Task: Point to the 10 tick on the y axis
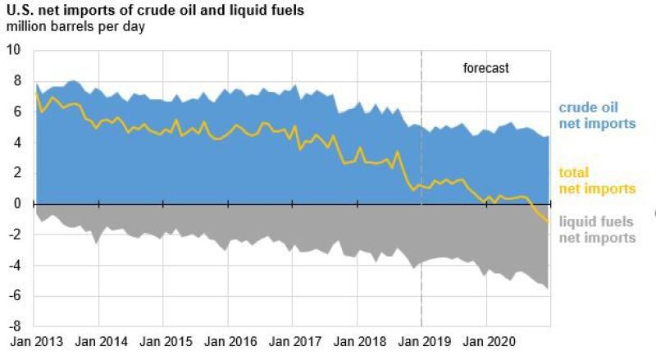click(14, 49)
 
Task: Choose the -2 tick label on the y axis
click(15, 235)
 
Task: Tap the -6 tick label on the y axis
click(15, 296)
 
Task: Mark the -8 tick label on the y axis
click(15, 326)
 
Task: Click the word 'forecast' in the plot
click(486, 68)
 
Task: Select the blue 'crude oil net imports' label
click(597, 116)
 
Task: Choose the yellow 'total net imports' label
click(597, 180)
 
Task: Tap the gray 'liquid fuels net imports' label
click(597, 230)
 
